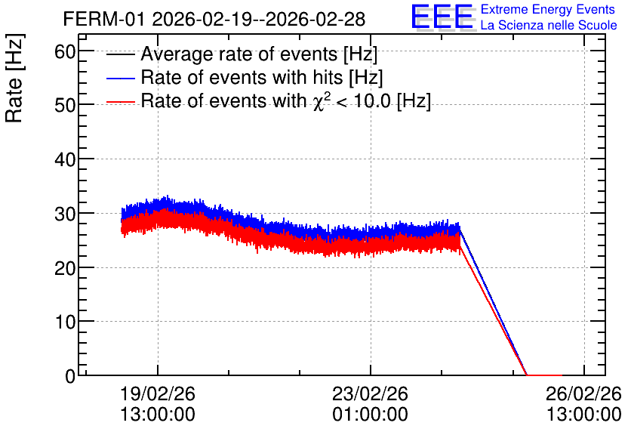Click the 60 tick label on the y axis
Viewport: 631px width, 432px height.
(65, 51)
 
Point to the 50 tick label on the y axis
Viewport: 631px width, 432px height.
(65, 106)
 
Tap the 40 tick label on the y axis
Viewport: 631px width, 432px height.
(65, 160)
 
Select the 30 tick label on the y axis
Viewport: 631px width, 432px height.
(65, 214)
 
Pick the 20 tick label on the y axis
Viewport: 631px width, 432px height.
(65, 268)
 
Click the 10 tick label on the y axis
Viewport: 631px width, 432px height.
(65, 322)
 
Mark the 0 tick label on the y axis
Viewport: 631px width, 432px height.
(70, 376)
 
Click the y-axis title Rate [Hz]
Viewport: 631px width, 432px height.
(14, 78)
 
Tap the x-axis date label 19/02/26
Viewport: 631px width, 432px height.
(158, 393)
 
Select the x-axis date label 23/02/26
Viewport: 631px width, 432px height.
(371, 393)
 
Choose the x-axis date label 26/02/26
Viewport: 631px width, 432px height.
(583, 393)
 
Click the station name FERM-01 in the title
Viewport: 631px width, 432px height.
(103, 19)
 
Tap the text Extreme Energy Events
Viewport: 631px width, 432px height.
(548, 9)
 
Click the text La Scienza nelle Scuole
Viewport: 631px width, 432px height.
(549, 26)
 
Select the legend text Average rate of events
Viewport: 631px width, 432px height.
(239, 54)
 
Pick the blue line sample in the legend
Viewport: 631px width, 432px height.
(120, 79)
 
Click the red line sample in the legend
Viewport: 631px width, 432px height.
(120, 102)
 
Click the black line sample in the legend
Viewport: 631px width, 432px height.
(120, 54)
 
